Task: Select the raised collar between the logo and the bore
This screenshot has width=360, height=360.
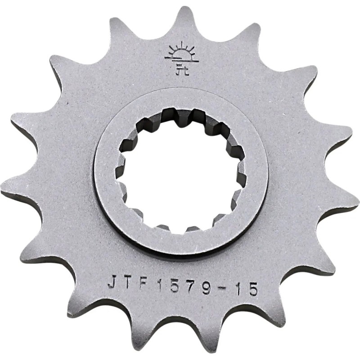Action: tap(180, 96)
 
